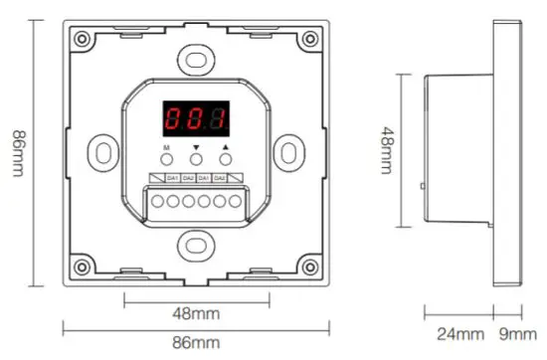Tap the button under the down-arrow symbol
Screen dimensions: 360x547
coord(196,158)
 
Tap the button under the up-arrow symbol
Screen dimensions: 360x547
coord(226,158)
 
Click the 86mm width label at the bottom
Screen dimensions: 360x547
coord(196,343)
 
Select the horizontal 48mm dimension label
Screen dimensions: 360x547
coord(196,314)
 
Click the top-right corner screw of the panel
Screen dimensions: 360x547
coord(311,39)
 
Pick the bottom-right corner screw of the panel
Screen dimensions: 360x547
coord(311,269)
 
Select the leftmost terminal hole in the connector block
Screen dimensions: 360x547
coord(157,202)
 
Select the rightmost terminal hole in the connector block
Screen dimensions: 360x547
coord(236,202)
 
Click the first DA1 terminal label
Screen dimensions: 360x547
coord(171,178)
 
